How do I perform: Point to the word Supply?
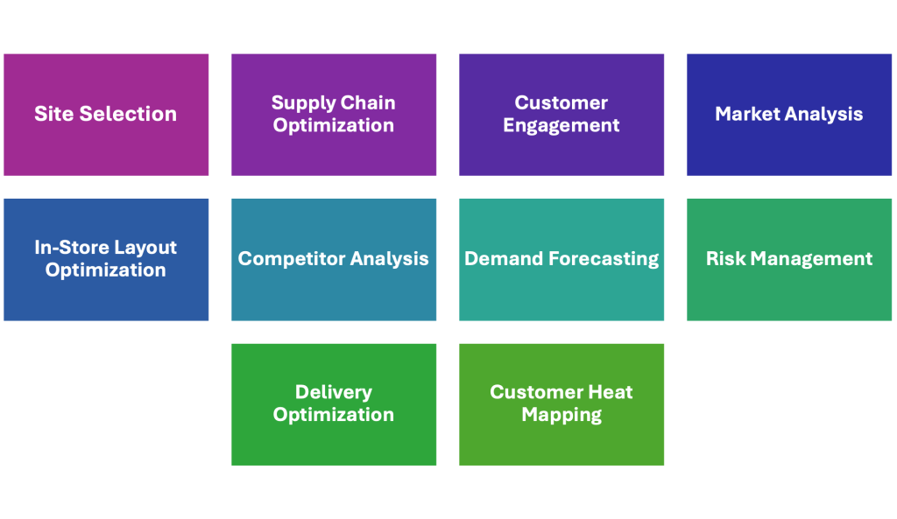tap(300, 103)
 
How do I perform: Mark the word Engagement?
tap(562, 126)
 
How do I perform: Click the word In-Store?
tap(68, 248)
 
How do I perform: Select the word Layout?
tap(143, 249)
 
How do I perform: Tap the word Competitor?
tap(290, 259)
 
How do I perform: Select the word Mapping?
tap(562, 415)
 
